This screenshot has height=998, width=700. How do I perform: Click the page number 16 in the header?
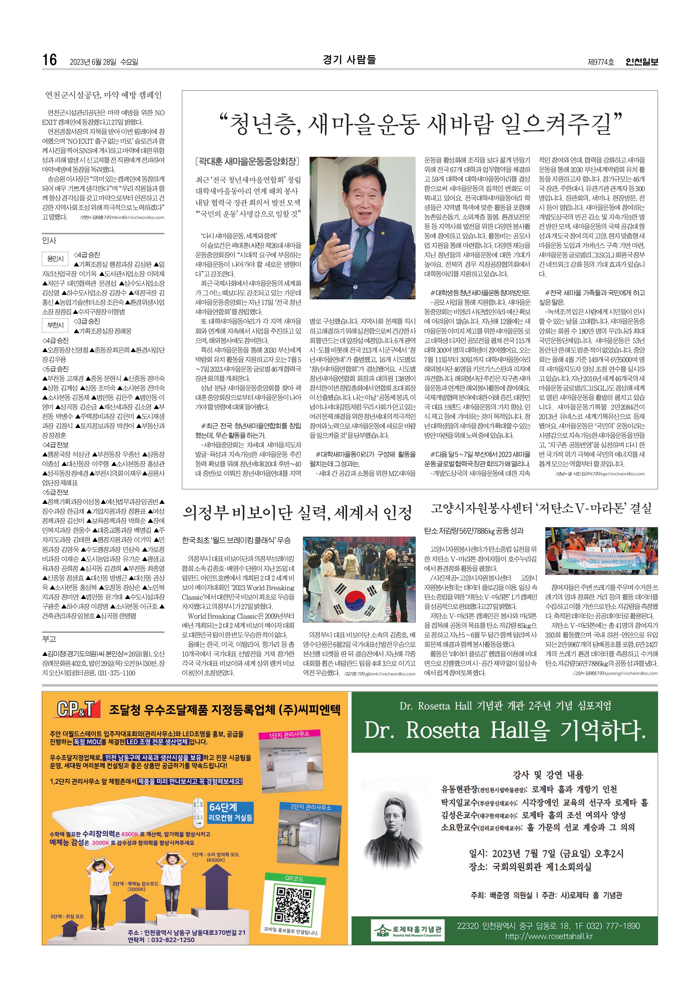click(x=49, y=60)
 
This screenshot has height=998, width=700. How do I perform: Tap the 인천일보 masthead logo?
click(x=641, y=62)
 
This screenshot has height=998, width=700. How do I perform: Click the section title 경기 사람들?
click(x=349, y=60)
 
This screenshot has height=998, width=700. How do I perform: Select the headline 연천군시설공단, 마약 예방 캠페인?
click(x=103, y=95)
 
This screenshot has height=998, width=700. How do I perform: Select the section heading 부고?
click(x=49, y=639)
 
